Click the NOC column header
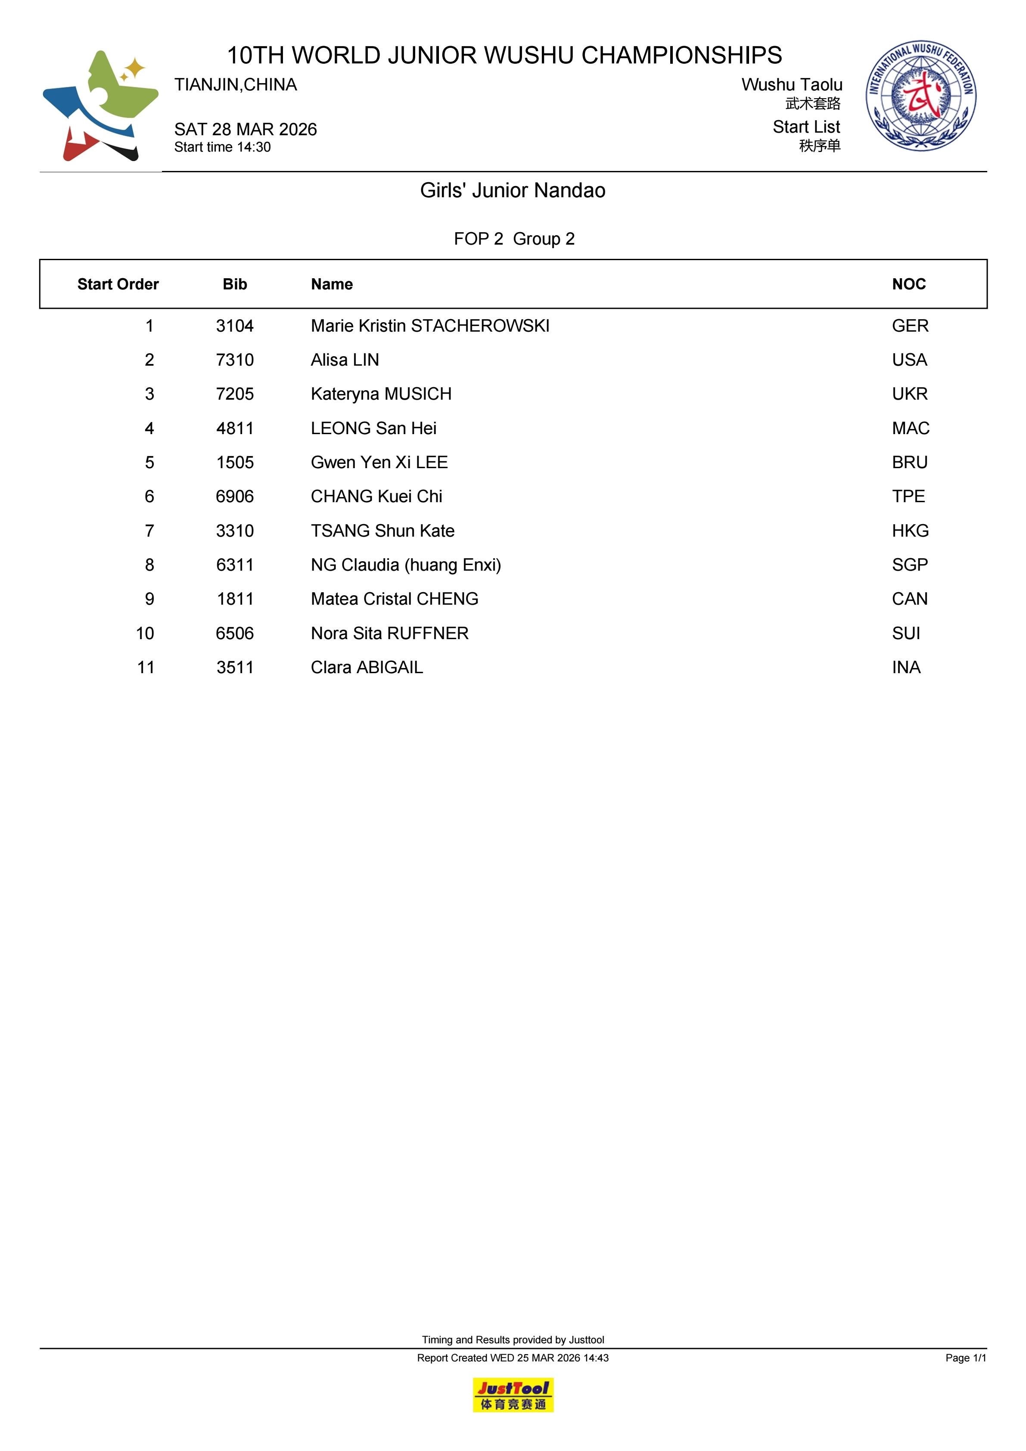pos(908,284)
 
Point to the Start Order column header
pos(118,284)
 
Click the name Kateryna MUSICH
pos(381,395)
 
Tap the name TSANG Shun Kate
pos(382,531)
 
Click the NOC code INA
pos(906,668)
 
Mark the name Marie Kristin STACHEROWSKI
pos(430,326)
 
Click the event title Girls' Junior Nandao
pos(513,190)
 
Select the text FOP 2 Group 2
pos(514,239)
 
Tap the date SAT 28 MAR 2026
pos(245,130)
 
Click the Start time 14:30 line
pos(223,147)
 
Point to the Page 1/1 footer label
pos(965,1358)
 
